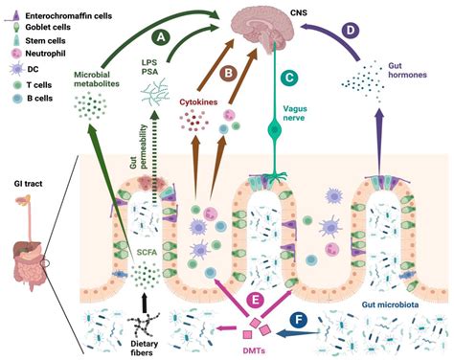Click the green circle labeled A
click(x=162, y=35)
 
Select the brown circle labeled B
click(x=228, y=72)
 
